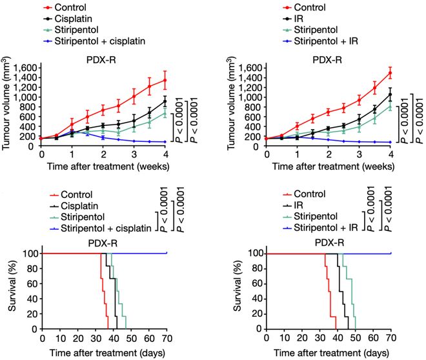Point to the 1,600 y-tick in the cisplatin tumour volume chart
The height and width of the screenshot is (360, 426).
point(25,67)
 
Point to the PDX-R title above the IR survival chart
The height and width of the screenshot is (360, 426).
point(328,242)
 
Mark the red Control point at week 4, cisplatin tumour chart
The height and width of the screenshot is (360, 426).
point(165,81)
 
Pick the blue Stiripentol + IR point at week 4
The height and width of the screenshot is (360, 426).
point(390,142)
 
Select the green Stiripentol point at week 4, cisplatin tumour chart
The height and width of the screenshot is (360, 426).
point(165,113)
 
